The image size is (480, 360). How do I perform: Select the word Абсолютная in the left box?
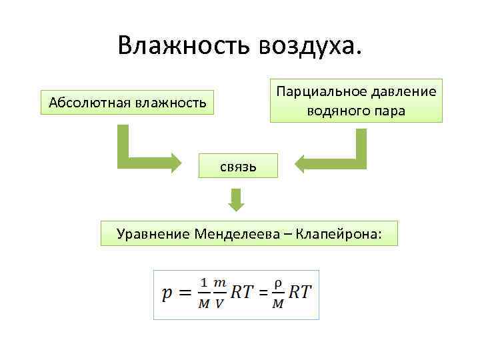tap(91, 103)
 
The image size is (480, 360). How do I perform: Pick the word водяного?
tap(339, 111)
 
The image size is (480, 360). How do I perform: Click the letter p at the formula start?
tap(169, 294)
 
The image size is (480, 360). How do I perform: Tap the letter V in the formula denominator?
tap(219, 304)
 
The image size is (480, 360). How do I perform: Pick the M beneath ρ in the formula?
tap(278, 304)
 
